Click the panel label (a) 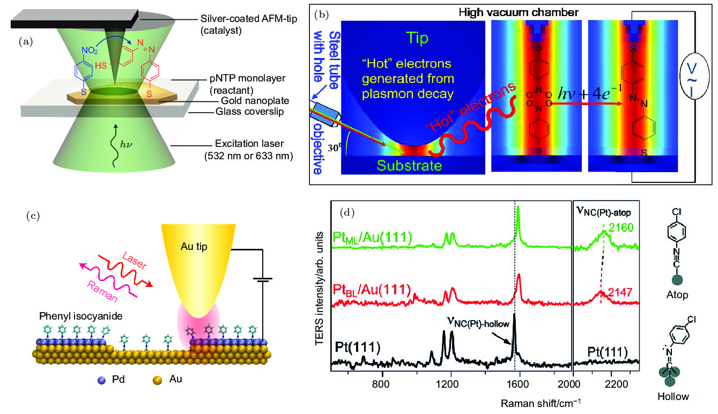(25, 41)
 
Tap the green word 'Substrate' (409, 166)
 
